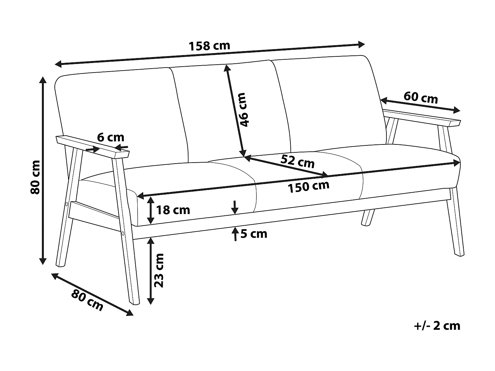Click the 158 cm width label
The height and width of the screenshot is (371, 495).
point(209,46)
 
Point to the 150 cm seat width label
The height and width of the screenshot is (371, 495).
point(308,187)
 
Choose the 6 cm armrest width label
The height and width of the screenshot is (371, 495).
point(111,137)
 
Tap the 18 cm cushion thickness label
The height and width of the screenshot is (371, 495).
point(173,210)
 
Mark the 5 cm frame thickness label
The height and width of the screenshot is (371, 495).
point(253,234)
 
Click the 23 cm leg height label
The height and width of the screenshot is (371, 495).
point(159,270)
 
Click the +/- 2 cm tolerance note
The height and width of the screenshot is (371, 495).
point(437,326)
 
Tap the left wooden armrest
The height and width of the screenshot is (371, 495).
point(92,146)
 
